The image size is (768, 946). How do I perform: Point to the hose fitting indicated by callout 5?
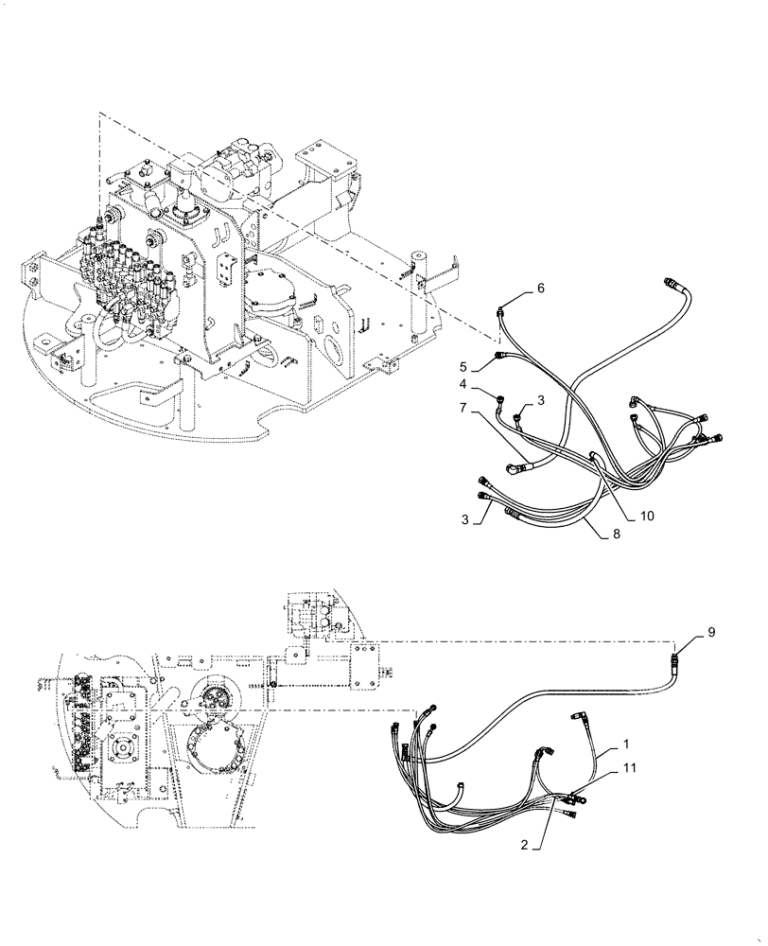click(x=498, y=356)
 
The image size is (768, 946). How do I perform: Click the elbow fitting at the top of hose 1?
click(x=578, y=720)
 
